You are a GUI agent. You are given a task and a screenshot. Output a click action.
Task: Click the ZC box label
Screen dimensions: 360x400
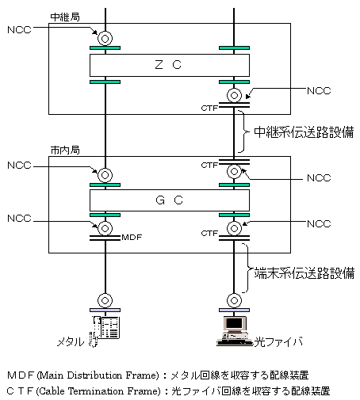coord(168,65)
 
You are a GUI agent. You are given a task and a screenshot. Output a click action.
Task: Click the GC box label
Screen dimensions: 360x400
coord(169,200)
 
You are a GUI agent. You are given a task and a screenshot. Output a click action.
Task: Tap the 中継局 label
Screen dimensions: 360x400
coord(65,17)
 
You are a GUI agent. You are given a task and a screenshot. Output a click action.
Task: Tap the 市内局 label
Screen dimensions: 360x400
coord(65,150)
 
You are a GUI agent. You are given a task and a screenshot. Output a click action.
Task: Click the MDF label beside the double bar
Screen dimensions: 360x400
coord(132,238)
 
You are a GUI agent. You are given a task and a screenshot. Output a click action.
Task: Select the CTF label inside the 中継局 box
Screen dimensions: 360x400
coord(209,108)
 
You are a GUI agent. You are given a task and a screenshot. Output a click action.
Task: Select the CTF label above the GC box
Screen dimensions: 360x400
coord(209,166)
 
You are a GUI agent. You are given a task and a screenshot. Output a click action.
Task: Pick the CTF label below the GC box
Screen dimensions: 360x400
coord(209,234)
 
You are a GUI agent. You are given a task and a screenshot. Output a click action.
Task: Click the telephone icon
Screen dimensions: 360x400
coord(105,330)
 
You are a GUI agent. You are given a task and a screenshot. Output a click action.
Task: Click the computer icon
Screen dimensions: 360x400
coord(234,331)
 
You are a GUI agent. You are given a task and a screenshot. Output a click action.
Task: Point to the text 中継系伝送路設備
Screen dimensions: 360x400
coord(304,132)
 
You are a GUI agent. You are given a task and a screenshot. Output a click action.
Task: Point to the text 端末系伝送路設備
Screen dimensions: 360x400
coord(304,273)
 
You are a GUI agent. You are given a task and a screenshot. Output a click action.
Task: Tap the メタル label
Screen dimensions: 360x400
coord(71,342)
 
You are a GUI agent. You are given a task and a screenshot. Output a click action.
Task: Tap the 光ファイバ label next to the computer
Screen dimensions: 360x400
coord(278,341)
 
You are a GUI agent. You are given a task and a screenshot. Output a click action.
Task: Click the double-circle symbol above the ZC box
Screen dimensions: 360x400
coord(105,39)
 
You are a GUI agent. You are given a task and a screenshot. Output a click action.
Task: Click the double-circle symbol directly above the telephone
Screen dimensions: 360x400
coord(105,300)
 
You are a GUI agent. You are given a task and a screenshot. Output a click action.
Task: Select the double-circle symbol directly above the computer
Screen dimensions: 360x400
coord(234,300)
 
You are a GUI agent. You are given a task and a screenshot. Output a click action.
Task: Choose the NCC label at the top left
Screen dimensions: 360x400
coord(19,30)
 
